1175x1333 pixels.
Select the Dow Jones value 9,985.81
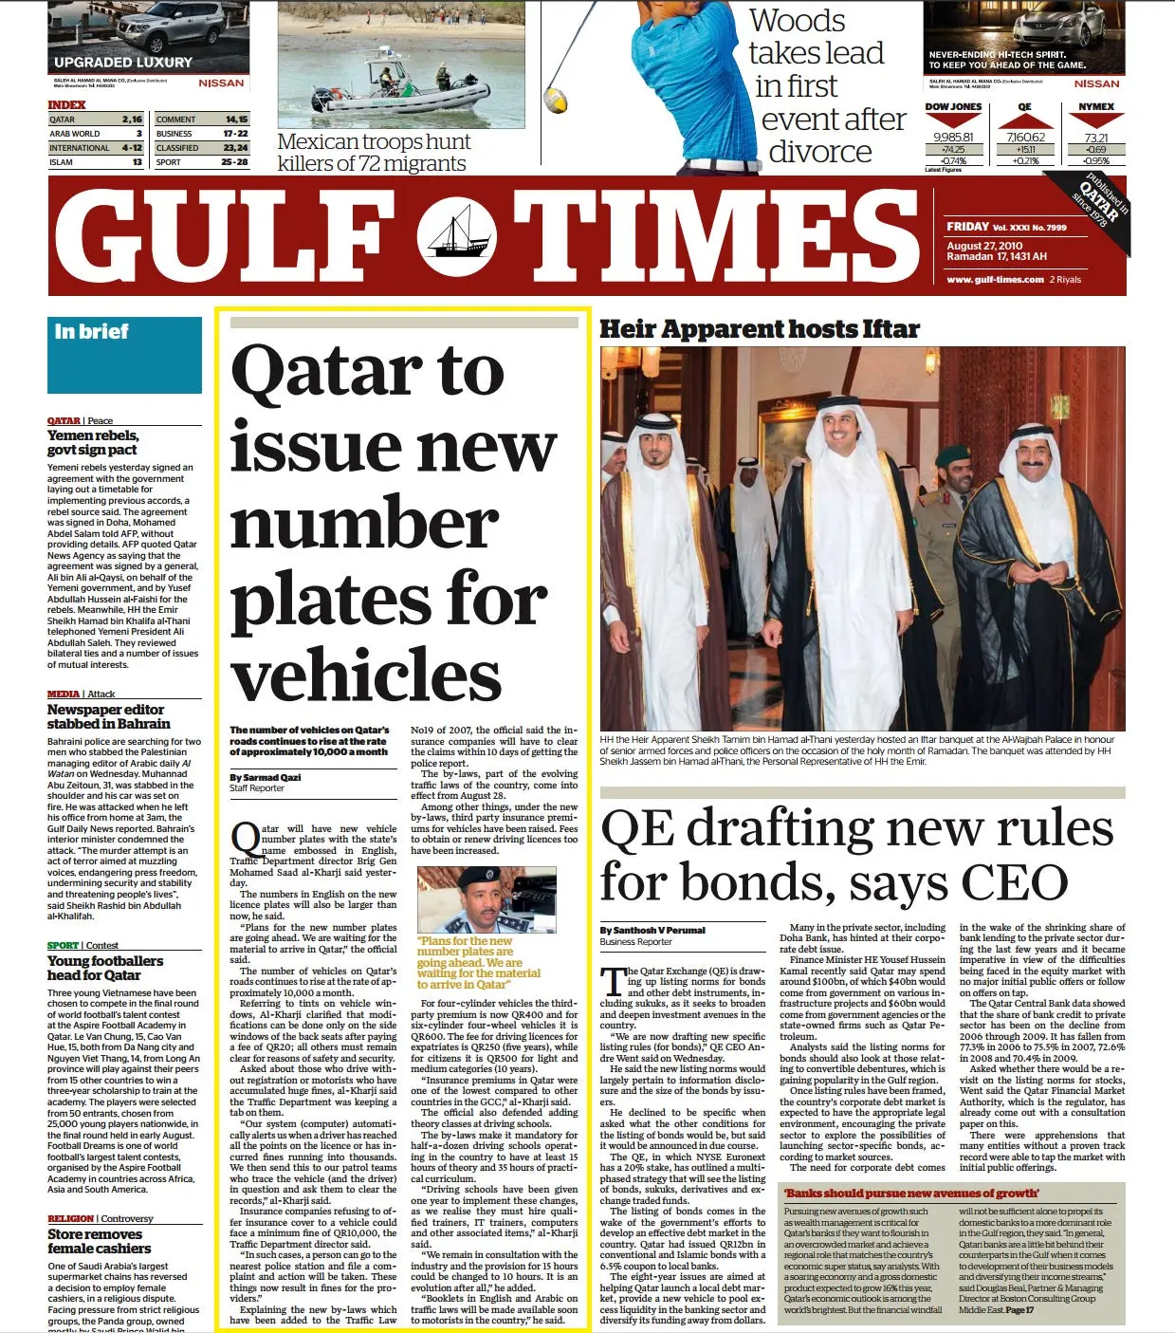pos(953,138)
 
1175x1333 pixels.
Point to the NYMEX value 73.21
pos(1095,138)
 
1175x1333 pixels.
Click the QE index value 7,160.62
pos(1025,138)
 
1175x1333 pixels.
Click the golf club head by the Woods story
pos(556,99)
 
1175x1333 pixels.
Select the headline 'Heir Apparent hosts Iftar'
pos(760,329)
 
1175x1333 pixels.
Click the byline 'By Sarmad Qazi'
pos(265,777)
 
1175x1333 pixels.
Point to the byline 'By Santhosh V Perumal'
pos(652,930)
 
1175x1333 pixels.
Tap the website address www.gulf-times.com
pos(994,280)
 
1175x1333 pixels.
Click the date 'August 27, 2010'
pos(984,246)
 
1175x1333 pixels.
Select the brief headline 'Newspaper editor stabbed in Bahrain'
pos(108,716)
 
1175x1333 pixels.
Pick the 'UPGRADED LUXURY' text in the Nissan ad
pos(123,63)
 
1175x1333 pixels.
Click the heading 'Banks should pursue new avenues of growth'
pos(910,1193)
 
